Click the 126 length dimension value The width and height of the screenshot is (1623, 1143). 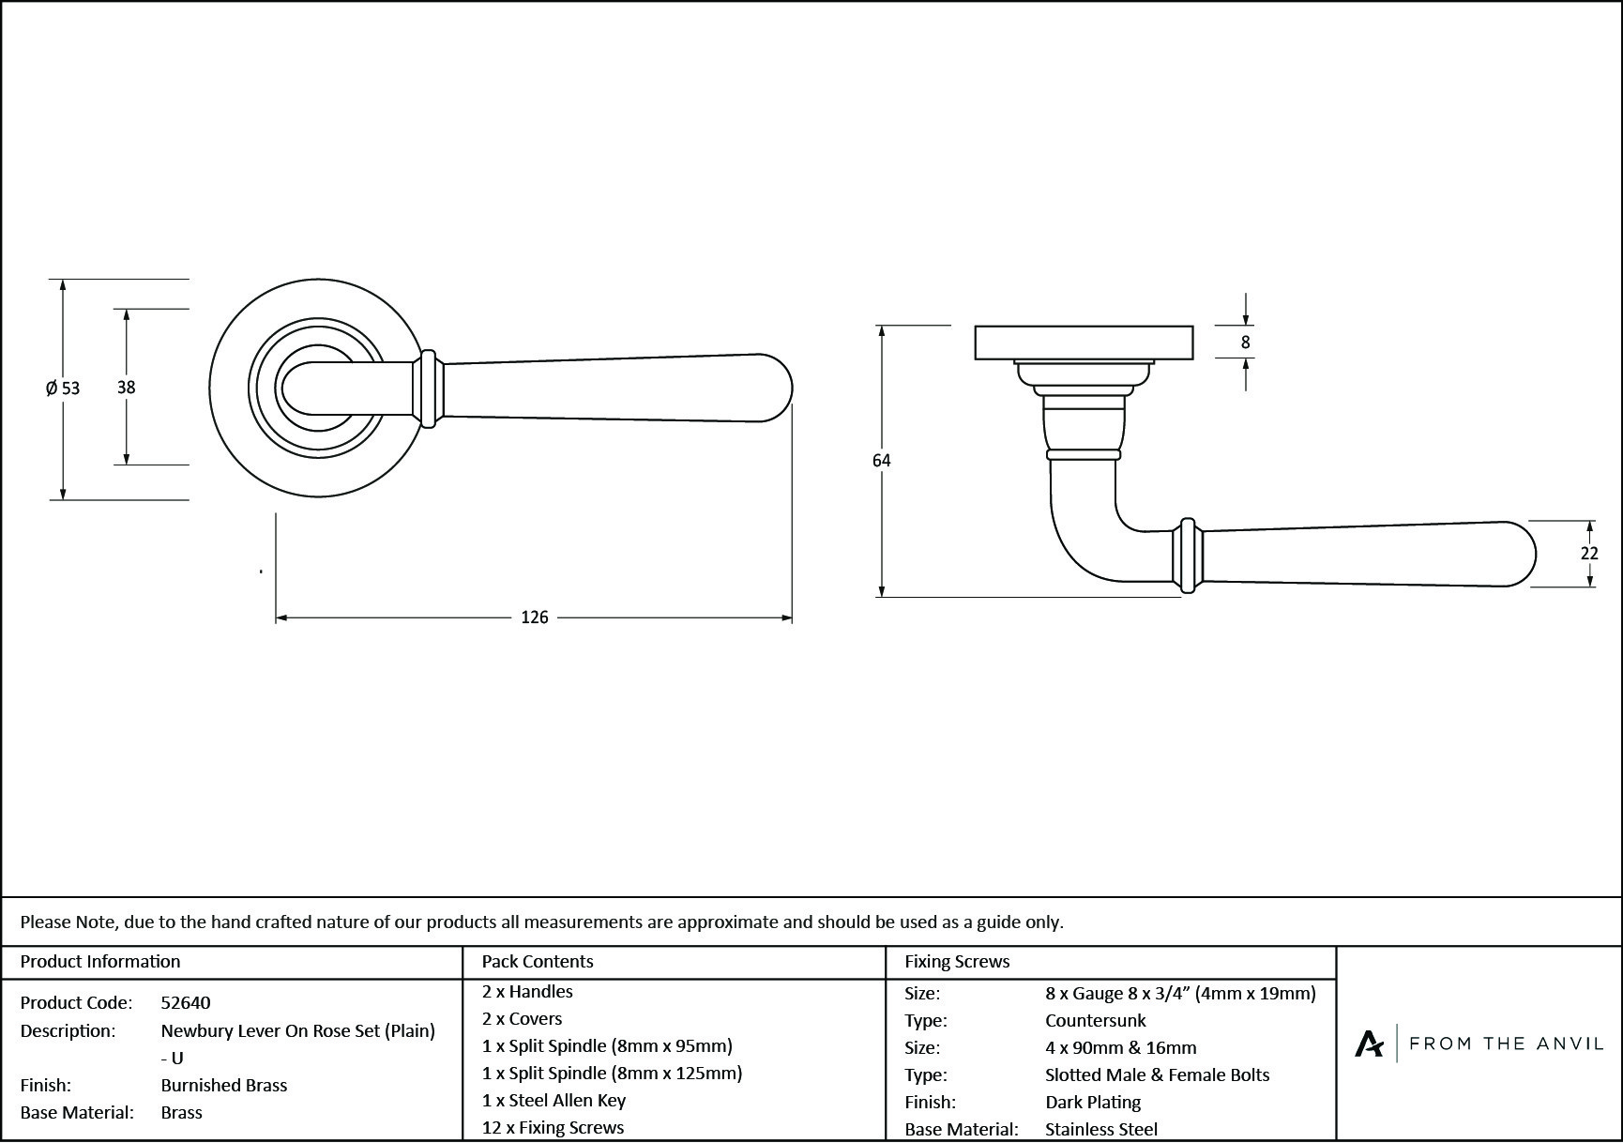[x=534, y=617]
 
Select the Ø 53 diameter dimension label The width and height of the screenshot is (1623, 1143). [x=63, y=388]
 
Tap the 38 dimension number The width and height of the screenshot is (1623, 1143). [x=126, y=387]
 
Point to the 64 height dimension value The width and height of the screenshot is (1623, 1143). [x=881, y=461]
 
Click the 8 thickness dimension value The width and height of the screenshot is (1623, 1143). [x=1245, y=343]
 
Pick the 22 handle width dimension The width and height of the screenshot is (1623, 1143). [x=1588, y=554]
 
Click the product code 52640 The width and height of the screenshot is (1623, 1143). [x=186, y=1002]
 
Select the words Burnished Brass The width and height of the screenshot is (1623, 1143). [x=224, y=1085]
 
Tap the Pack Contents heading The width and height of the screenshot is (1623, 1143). [x=538, y=961]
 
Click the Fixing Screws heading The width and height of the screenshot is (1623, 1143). [x=957, y=961]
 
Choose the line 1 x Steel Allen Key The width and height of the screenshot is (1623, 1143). [x=554, y=1100]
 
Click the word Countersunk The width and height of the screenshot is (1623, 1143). [x=1096, y=1020]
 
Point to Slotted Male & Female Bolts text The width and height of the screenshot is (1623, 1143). [x=1157, y=1074]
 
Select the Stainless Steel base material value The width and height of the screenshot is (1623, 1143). [x=1101, y=1129]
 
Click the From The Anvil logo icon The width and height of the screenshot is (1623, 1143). [x=1369, y=1044]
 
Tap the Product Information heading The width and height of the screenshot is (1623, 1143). [x=100, y=961]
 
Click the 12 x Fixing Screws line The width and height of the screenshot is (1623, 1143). [x=553, y=1127]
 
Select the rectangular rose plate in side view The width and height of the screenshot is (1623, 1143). [x=1084, y=343]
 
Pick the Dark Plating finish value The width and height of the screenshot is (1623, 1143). [x=1093, y=1102]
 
